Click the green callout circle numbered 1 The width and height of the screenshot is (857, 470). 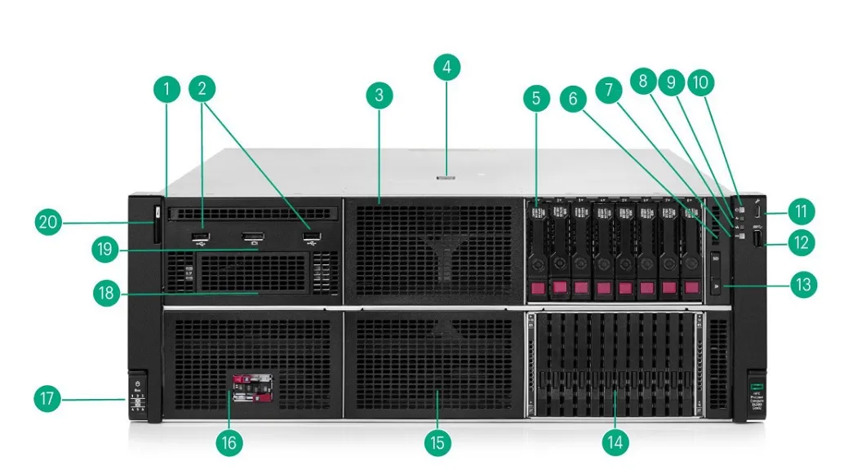(167, 89)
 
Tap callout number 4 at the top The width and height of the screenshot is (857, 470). (446, 67)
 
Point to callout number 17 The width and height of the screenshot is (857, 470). (47, 399)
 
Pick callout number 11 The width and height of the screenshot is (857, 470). (803, 212)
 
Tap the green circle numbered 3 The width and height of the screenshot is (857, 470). (379, 95)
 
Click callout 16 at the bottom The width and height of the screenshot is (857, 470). (229, 442)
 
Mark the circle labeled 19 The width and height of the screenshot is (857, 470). (105, 250)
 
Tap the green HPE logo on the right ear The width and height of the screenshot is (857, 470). (755, 383)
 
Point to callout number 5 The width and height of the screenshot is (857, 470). (535, 100)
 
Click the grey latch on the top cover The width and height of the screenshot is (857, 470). (446, 175)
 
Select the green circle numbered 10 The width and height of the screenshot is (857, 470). (700, 82)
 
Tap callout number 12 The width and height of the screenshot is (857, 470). (803, 242)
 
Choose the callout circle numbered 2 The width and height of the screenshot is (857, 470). (202, 89)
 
